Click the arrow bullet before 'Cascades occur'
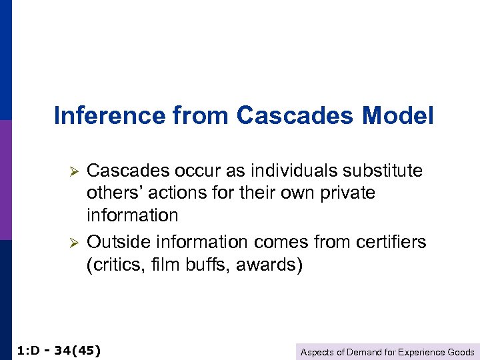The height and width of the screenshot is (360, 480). point(75,171)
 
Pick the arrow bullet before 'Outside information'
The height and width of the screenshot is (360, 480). point(75,243)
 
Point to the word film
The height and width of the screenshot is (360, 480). point(165,265)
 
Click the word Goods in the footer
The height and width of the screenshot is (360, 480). point(461,352)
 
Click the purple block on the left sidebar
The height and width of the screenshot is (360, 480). point(5,180)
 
